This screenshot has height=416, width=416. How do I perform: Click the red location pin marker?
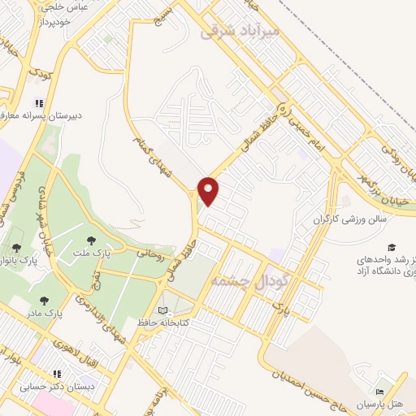point(209,190)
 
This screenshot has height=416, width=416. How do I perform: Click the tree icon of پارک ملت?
point(90,240)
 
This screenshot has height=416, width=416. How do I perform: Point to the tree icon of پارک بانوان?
point(17,248)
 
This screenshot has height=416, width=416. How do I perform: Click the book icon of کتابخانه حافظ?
point(162,311)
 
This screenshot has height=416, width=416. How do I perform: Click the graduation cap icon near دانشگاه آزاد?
point(392,247)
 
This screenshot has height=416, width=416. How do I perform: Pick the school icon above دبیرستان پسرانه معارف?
point(37,104)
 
